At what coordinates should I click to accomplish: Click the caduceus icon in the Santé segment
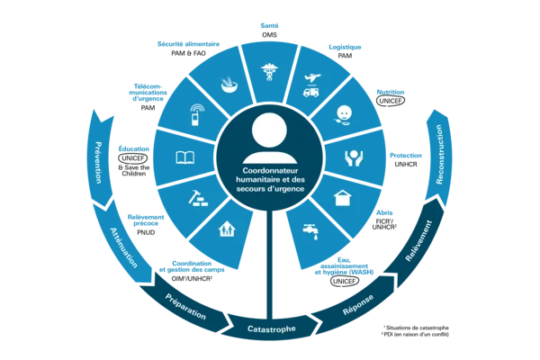[269, 72]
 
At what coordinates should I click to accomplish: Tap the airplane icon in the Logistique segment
[312, 78]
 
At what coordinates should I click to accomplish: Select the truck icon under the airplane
[310, 92]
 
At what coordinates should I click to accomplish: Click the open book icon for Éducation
[184, 157]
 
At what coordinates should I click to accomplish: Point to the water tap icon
[310, 231]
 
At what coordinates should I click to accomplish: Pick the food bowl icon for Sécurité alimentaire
[229, 85]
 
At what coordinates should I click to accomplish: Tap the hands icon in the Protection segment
[354, 158]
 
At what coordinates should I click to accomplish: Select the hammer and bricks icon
[198, 198]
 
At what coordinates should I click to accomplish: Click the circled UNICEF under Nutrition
[391, 101]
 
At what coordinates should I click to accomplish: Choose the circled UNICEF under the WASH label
[345, 281]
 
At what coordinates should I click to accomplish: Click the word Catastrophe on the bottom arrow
[272, 329]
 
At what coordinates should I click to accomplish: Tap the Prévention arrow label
[98, 162]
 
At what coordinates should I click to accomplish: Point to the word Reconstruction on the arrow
[439, 154]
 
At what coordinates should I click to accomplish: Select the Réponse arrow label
[358, 304]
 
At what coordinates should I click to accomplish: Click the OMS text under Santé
[269, 35]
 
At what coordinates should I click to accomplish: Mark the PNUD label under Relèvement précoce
[146, 232]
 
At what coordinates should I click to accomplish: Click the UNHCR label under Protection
[406, 165]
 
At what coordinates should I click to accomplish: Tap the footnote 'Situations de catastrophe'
[418, 328]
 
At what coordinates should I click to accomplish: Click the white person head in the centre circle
[270, 130]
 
